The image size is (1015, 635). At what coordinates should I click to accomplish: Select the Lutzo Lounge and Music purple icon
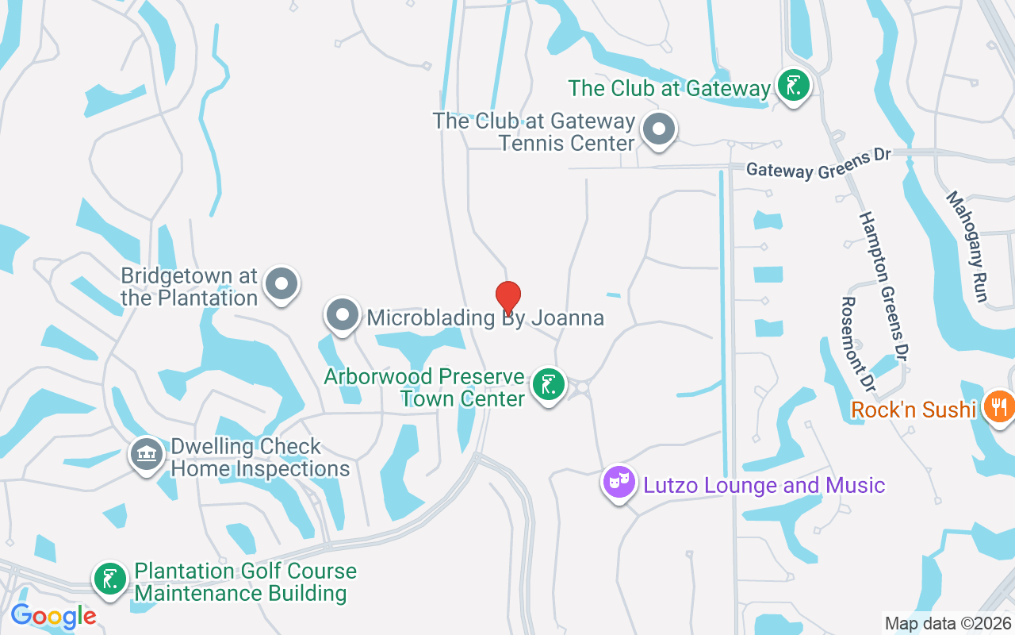[x=619, y=481]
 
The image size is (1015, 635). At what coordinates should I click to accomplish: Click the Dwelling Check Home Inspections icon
[x=145, y=455]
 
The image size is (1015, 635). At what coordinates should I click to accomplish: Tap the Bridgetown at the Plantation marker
[x=281, y=284]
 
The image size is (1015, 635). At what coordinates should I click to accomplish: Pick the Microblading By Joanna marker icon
[x=343, y=315]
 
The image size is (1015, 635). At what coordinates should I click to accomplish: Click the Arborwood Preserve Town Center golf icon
[x=548, y=384]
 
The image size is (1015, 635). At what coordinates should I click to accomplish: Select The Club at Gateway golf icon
[x=792, y=85]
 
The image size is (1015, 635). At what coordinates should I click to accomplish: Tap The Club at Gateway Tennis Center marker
[x=657, y=129]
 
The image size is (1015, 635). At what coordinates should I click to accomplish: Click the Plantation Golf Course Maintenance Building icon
[x=110, y=579]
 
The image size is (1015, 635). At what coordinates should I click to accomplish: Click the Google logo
[x=53, y=615]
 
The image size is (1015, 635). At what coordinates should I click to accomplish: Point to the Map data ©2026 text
[x=948, y=624]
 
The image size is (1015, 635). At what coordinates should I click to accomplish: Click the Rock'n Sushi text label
[x=913, y=410]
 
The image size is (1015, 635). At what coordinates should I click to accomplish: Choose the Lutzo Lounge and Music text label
[x=764, y=485]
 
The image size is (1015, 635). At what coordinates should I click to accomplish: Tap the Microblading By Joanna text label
[x=485, y=318]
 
